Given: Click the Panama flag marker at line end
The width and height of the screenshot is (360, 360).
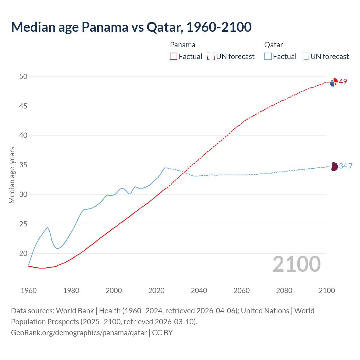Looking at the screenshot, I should click(334, 82).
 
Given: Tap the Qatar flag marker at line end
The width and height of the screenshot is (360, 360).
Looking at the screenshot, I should click(334, 166).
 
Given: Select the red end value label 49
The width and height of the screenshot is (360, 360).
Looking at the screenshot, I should click(343, 82).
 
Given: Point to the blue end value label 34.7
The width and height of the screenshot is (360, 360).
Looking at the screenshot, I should click(346, 166).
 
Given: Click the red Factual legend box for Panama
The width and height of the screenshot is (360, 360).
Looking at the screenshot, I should click(174, 56).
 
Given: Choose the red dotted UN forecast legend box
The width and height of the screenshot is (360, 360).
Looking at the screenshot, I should click(211, 56).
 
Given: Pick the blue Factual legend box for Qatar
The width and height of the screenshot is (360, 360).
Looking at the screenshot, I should click(268, 56).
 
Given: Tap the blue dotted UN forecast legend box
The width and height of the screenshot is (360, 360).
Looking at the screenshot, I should click(305, 56).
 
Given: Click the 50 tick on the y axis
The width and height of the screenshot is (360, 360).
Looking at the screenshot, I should click(24, 76).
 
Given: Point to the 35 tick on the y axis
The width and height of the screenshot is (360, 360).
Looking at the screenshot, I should click(24, 165).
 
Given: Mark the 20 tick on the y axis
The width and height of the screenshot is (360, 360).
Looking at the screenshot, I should click(24, 253).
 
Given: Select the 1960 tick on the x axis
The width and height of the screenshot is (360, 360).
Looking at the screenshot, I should click(29, 291).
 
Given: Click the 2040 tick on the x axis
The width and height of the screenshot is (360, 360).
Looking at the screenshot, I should click(199, 291).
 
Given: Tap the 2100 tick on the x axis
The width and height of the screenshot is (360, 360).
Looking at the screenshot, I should click(327, 291).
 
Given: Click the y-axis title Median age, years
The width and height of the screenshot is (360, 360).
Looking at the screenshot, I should click(12, 175).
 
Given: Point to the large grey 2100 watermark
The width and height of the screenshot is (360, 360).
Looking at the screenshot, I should click(297, 264).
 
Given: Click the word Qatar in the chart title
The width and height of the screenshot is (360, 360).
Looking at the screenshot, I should click(163, 27).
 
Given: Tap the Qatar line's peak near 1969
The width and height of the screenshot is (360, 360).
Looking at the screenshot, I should click(48, 227).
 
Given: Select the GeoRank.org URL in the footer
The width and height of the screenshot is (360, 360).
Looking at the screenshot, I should click(79, 333).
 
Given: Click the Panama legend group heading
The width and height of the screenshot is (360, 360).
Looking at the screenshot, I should click(183, 45).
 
